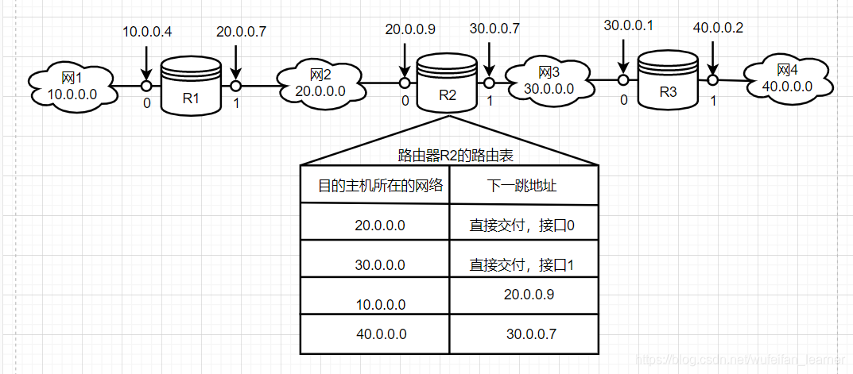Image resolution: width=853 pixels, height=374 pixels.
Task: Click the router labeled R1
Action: pos(191,85)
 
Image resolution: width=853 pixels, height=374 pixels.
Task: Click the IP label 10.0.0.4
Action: pos(147,32)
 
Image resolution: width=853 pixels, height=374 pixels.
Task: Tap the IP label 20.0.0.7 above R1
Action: pos(241,32)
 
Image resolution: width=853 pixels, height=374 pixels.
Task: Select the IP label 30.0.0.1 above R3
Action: pos(628,26)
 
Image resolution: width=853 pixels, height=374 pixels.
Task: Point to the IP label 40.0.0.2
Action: pos(717,28)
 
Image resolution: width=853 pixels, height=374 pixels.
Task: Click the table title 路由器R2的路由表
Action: pos(450,156)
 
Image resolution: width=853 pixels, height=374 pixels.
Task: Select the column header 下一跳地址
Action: pos(522,186)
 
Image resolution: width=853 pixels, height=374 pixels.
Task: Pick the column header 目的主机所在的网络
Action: pos(380,186)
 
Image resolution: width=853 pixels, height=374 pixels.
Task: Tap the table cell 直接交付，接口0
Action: pos(522,226)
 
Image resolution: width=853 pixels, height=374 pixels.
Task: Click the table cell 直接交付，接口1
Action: pos(522,264)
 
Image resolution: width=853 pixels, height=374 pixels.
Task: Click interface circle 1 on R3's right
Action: pos(713,80)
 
